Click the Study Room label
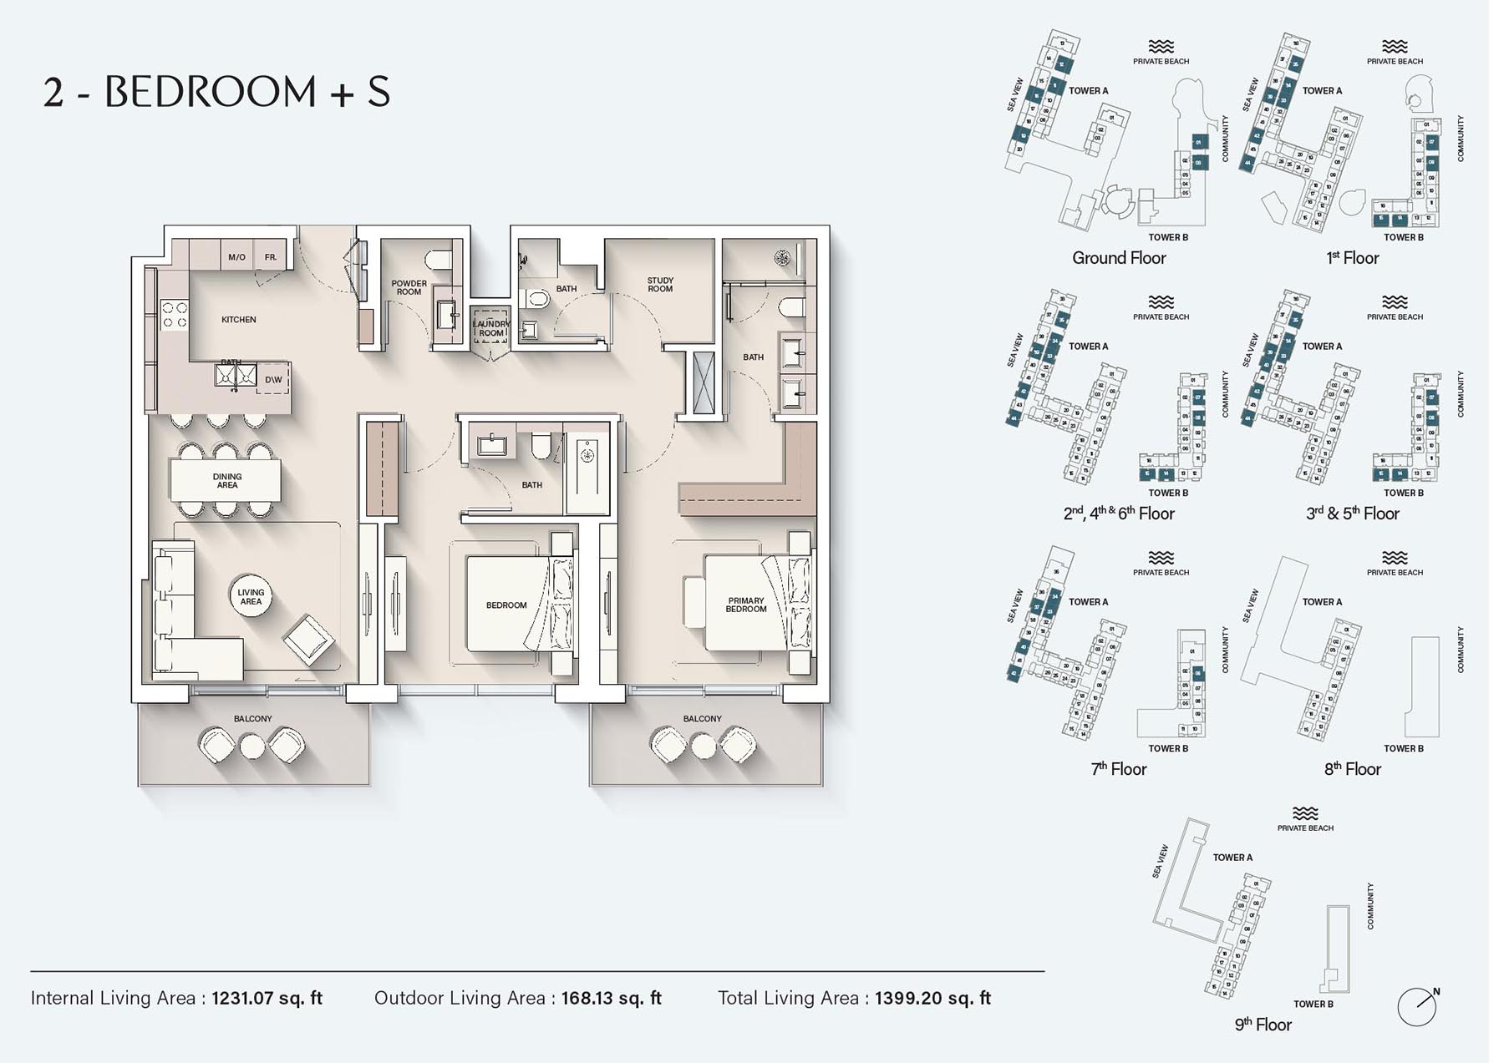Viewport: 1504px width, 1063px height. (x=659, y=285)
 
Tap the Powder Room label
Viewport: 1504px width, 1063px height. (x=409, y=287)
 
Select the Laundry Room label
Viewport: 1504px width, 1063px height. (x=490, y=328)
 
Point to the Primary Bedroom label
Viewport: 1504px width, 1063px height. (x=745, y=605)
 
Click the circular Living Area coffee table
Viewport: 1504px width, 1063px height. (x=251, y=596)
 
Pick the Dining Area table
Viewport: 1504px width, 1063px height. (x=226, y=481)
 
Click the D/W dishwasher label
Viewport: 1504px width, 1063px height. (x=273, y=379)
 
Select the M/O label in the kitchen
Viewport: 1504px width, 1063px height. (x=236, y=257)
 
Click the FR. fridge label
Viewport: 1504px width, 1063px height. (x=271, y=257)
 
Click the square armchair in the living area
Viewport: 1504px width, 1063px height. (x=308, y=640)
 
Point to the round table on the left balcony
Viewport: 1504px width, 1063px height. (x=252, y=745)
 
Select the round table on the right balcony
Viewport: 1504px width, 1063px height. (x=703, y=745)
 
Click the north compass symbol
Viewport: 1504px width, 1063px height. (x=1417, y=1006)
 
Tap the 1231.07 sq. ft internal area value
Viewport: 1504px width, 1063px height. (x=267, y=998)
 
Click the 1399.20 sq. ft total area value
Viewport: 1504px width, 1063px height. (x=932, y=998)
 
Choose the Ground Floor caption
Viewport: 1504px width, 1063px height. (x=1119, y=258)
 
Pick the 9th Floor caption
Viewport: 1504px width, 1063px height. (x=1263, y=1025)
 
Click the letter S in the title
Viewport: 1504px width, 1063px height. (x=379, y=92)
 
